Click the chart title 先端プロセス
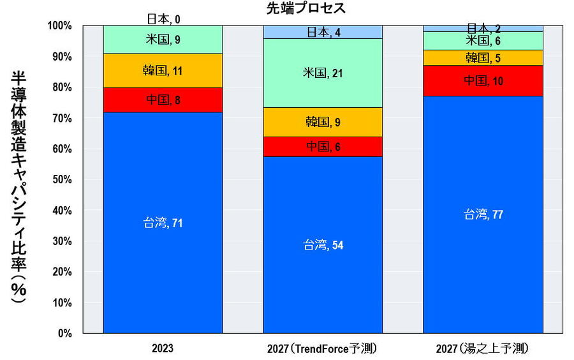coord(305,8)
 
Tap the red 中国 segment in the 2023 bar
coord(163,100)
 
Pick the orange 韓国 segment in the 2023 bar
coord(163,71)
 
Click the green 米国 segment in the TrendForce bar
coord(323,73)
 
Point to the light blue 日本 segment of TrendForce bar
coord(323,32)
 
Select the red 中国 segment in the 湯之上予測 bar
coord(483,81)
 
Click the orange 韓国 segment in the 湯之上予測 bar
coord(483,58)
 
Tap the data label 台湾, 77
coord(483,214)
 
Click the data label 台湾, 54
coord(323,245)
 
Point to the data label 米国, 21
coord(323,73)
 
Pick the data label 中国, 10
coord(483,81)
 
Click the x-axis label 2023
coord(163,349)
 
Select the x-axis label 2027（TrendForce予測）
coord(323,349)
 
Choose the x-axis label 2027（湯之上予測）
coord(483,349)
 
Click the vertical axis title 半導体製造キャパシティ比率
coord(19,185)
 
